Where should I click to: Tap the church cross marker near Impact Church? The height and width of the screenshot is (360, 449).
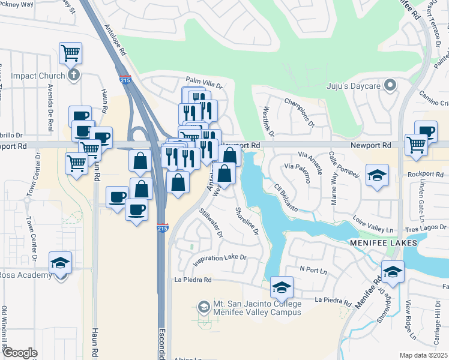73,76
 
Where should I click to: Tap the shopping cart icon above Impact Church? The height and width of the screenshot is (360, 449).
71,53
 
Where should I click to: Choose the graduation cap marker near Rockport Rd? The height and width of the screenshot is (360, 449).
378,175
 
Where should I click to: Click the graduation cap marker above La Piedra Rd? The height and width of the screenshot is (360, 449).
282,287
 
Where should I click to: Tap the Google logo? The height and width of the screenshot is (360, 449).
20,353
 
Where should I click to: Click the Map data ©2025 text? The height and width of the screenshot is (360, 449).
423,355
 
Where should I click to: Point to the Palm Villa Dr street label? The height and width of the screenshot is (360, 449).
203,80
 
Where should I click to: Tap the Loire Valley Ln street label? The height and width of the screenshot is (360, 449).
372,223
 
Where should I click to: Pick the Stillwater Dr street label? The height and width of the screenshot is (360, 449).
211,221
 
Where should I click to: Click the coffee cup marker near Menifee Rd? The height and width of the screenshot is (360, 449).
426,131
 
